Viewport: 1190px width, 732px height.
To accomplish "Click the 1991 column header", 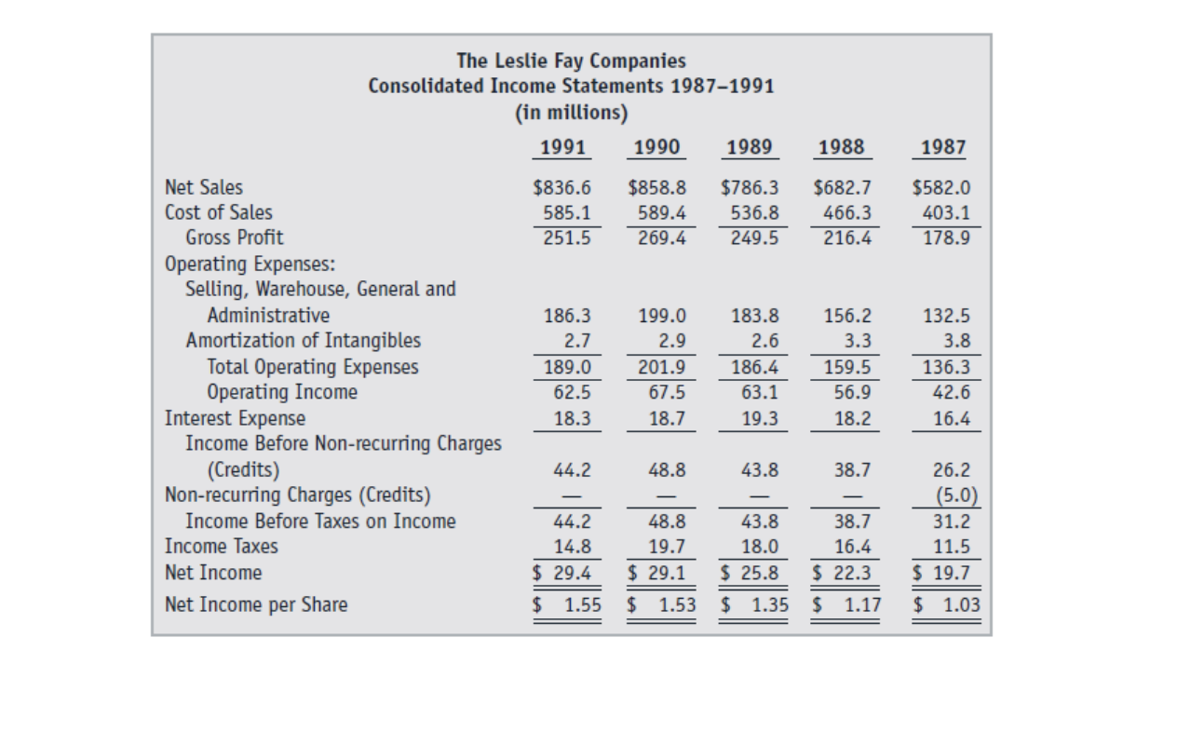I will [x=563, y=147].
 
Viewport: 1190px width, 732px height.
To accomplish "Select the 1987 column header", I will [x=942, y=147].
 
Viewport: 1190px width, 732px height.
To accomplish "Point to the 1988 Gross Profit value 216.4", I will [x=848, y=237].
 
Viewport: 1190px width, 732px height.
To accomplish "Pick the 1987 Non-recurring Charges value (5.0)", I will [x=948, y=495].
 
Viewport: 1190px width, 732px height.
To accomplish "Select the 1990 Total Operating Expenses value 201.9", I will [x=661, y=367].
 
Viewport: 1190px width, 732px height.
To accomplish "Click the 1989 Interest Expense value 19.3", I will [x=760, y=419].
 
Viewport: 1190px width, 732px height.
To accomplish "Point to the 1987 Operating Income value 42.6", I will [x=950, y=392].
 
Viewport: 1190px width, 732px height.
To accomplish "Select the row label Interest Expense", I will [x=235, y=418].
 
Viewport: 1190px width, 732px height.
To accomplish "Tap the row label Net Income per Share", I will [x=256, y=605].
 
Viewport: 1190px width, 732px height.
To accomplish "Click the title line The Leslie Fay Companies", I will [x=571, y=61].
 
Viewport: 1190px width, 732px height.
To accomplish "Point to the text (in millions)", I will [x=571, y=113].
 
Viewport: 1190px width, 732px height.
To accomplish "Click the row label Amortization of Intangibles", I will [x=304, y=341].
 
